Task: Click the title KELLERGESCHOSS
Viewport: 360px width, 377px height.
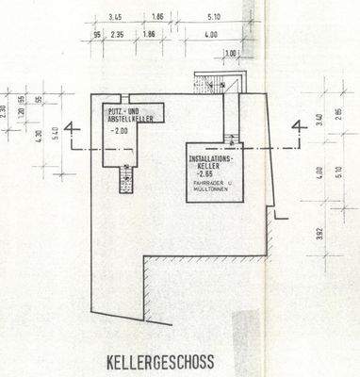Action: click(159, 361)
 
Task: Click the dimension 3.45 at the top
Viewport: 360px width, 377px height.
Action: click(117, 18)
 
